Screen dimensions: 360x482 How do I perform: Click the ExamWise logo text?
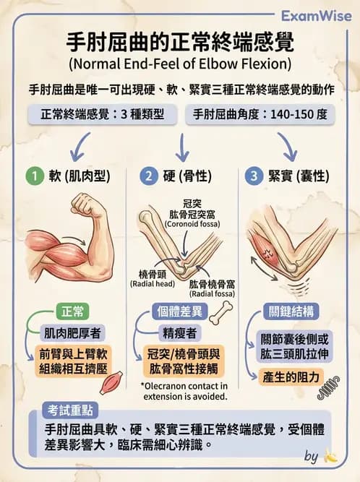pos(317,16)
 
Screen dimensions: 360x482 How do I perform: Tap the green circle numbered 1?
pos(35,176)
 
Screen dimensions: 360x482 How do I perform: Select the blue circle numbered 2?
pos(149,176)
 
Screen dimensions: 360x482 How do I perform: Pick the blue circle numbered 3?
pos(254,176)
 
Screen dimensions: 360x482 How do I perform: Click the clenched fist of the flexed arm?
pos(85,205)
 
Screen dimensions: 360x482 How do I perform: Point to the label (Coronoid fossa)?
pos(192,224)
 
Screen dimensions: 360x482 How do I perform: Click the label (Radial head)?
pos(153,284)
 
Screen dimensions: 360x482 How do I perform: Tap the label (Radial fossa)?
pos(212,294)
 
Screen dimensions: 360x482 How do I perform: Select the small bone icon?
pos(221,313)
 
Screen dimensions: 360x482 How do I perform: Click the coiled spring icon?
pos(328,387)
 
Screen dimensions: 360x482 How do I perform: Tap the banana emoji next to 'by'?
pos(330,456)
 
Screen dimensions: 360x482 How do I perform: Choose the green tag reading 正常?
pos(72,311)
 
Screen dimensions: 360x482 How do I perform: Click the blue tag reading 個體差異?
pos(180,311)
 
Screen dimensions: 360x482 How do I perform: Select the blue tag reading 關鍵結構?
pos(291,311)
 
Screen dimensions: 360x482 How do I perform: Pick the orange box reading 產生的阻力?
pos(291,377)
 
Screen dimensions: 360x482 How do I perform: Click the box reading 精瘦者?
pos(180,333)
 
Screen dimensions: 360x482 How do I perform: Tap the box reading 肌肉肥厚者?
pos(72,333)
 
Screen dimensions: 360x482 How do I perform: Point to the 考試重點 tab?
pos(70,410)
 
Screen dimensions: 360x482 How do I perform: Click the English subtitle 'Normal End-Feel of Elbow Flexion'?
pos(180,64)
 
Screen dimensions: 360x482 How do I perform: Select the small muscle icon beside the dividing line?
pos(111,382)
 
